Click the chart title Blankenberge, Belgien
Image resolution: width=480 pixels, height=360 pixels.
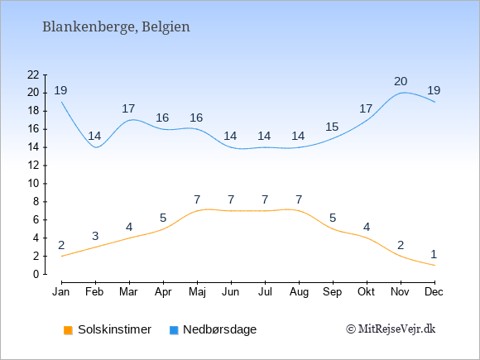116,27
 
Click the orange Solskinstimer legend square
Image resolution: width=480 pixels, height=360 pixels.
68,330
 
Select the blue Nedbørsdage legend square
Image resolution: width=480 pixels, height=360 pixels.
174,330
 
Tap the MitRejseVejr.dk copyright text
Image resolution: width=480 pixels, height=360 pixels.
391,329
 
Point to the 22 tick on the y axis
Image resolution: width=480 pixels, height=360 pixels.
33,74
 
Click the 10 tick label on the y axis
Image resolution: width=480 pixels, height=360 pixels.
33,184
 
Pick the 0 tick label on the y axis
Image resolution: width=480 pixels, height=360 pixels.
36,274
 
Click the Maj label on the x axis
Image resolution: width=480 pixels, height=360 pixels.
197,292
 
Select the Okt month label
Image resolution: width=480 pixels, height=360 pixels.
366,292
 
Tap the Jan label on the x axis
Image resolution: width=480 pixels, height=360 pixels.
61,292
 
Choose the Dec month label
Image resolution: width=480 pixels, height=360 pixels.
434,292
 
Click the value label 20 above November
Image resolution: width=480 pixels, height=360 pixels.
401,81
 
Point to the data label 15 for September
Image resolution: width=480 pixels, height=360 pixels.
332,127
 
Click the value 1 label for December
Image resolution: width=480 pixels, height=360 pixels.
434,254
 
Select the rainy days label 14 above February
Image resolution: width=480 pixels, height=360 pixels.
94,136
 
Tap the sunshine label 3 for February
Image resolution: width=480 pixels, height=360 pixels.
95,236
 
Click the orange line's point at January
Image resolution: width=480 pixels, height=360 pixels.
62,256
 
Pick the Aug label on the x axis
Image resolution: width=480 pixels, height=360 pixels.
299,292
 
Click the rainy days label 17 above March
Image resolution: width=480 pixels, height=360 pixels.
128,108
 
